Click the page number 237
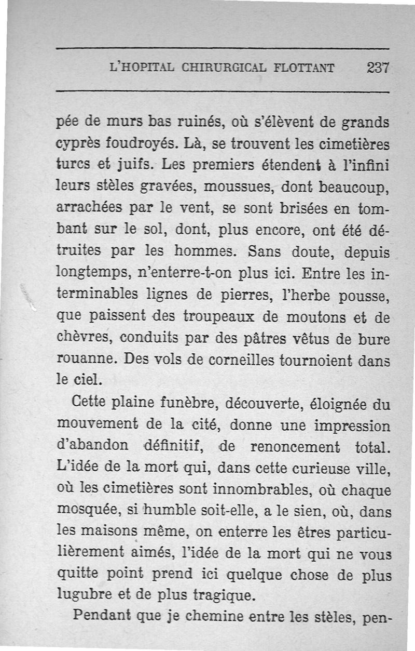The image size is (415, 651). (x=378, y=68)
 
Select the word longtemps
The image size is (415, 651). (x=88, y=274)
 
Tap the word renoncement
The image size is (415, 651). (x=295, y=447)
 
